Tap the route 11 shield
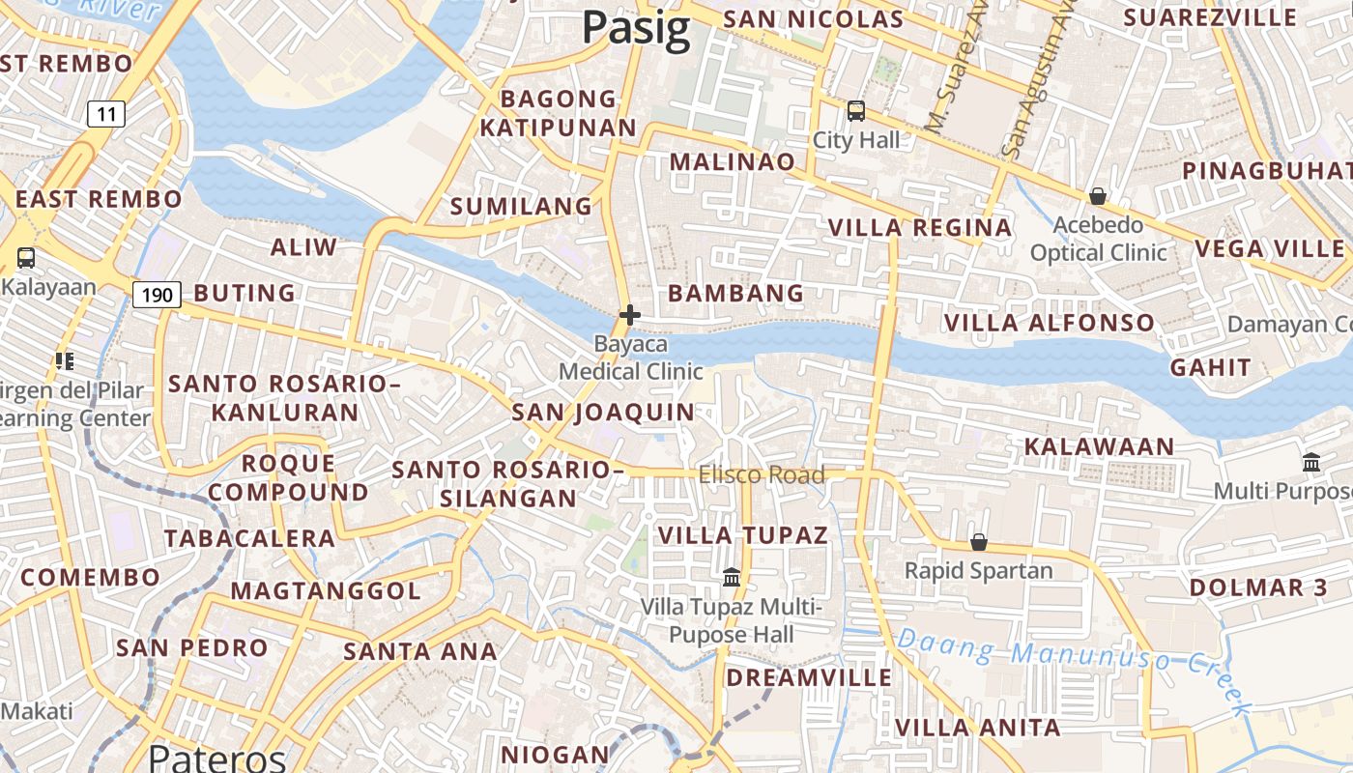[106, 115]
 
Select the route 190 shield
[157, 295]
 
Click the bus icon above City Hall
[856, 111]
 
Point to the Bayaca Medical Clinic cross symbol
[630, 315]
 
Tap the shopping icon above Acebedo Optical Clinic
[1098, 197]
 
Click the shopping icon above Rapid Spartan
[979, 542]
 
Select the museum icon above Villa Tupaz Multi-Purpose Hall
[732, 578]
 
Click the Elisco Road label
[762, 475]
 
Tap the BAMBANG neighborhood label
[736, 293]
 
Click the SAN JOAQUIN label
[603, 413]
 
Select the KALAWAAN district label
[1099, 446]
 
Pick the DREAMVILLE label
[809, 677]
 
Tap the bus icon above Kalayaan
[26, 258]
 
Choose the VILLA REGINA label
[920, 228]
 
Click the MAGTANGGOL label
[326, 590]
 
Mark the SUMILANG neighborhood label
[522, 206]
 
